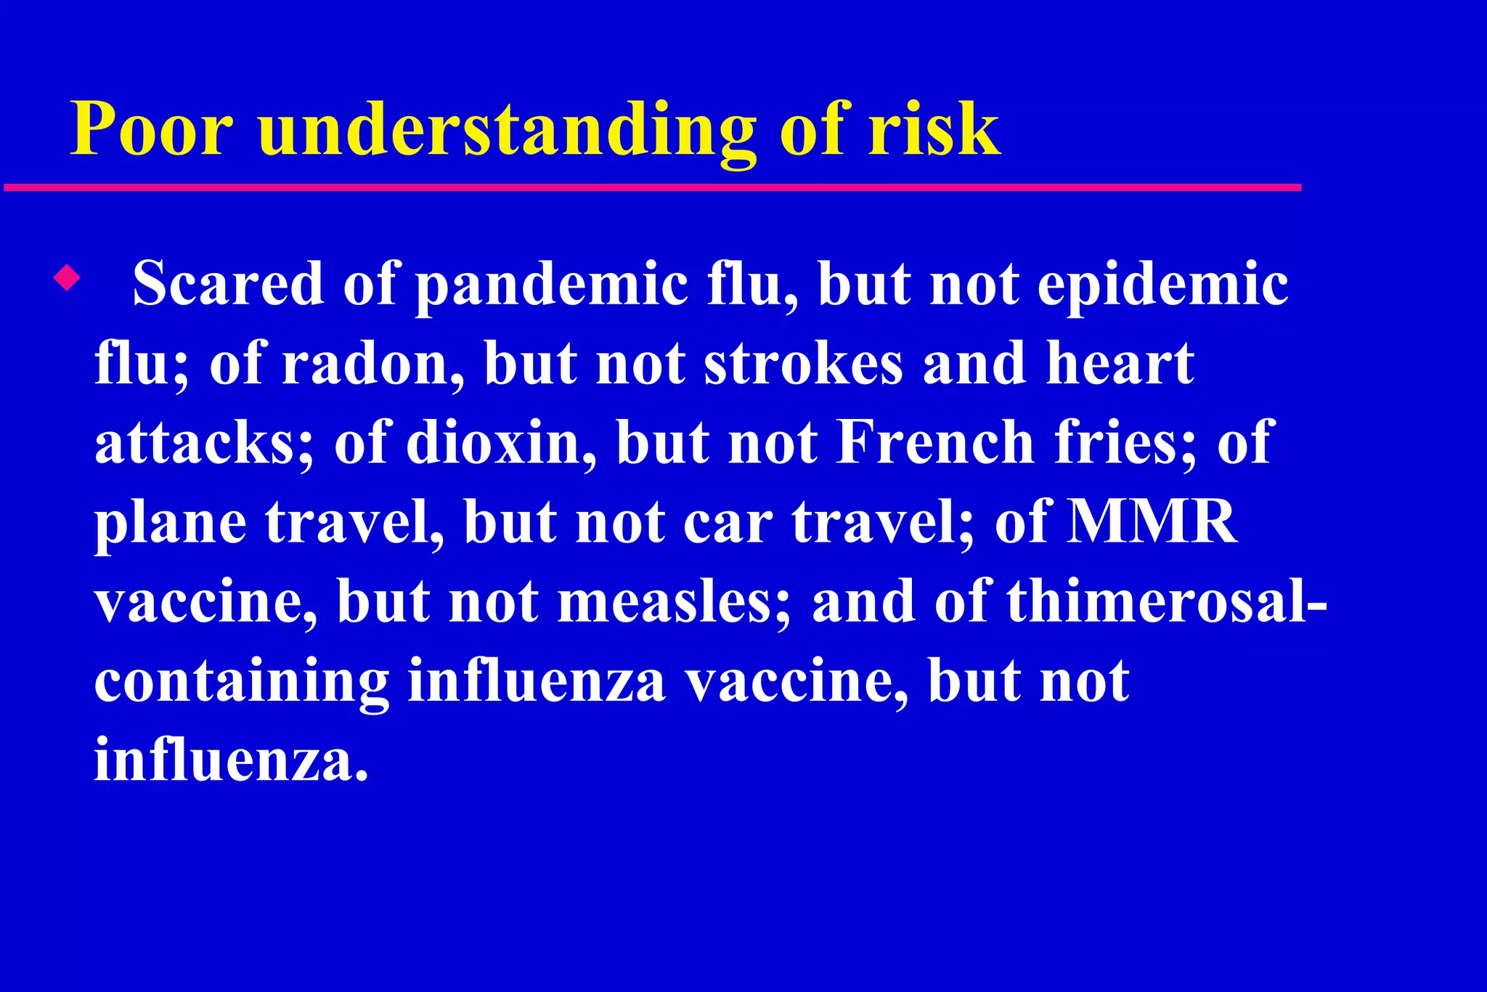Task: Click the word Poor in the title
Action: pyautogui.click(x=151, y=129)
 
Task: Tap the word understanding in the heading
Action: pyautogui.click(x=506, y=131)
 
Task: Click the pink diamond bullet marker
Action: pyautogui.click(x=67, y=277)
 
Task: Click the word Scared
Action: pyautogui.click(x=227, y=284)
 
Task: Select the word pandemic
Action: pyautogui.click(x=552, y=285)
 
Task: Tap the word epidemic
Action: pyautogui.click(x=1162, y=285)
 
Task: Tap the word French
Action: pyautogui.click(x=935, y=442)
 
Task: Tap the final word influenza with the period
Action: pyautogui.click(x=231, y=760)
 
